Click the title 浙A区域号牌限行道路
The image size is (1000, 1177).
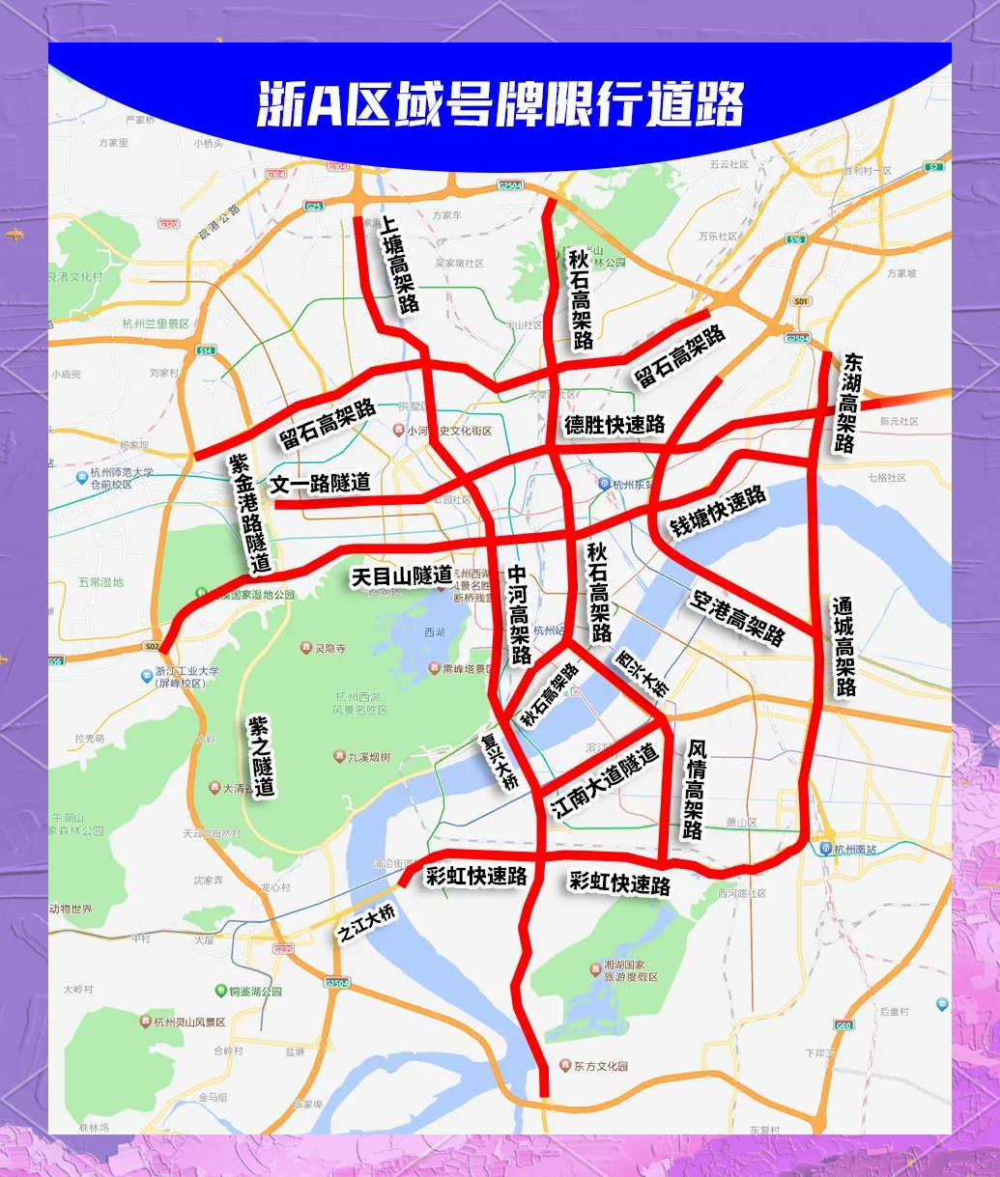pyautogui.click(x=500, y=104)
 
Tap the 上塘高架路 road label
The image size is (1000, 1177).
pyautogui.click(x=399, y=264)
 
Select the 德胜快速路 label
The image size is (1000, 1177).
pyautogui.click(x=614, y=425)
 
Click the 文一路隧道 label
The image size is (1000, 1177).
pyautogui.click(x=321, y=483)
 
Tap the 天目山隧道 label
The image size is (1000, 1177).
pyautogui.click(x=401, y=576)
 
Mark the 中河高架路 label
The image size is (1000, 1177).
pyautogui.click(x=520, y=614)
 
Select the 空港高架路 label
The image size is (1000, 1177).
pyautogui.click(x=737, y=618)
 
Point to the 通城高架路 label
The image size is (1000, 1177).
pyautogui.click(x=844, y=646)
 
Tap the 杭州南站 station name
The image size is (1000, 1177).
pyautogui.click(x=858, y=850)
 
